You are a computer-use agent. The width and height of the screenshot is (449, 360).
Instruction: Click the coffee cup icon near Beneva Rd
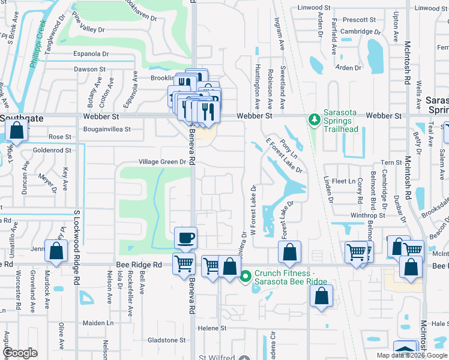pyautogui.click(x=186, y=237)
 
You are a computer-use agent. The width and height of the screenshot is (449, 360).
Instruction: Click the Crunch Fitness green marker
pyautogui.click(x=245, y=277)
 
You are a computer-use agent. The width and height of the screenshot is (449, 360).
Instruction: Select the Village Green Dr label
pyautogui.click(x=163, y=162)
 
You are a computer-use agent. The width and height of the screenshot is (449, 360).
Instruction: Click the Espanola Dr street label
pyautogui.click(x=91, y=53)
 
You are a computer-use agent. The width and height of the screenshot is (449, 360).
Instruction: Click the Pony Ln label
pyautogui.click(x=289, y=148)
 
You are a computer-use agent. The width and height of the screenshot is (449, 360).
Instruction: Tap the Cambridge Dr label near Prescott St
pyautogui.click(x=360, y=32)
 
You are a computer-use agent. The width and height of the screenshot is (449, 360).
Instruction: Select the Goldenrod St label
pyautogui.click(x=52, y=150)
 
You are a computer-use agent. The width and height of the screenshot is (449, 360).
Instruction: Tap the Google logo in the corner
pyautogui.click(x=20, y=353)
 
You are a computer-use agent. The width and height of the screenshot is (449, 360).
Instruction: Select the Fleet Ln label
pyautogui.click(x=344, y=181)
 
